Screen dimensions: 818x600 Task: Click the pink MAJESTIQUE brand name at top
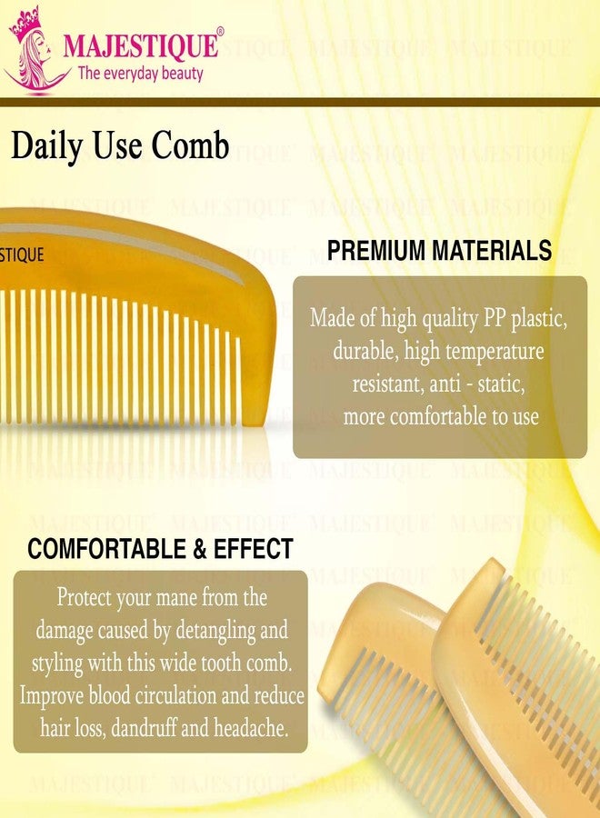pos(140,45)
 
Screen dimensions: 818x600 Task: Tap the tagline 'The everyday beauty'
pos(141,74)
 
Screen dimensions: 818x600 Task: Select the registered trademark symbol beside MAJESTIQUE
pos(220,32)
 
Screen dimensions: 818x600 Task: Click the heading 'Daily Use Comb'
pos(120,145)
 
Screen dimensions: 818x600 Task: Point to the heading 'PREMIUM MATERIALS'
pos(439,251)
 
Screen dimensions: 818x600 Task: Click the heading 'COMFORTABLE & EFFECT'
pos(160,549)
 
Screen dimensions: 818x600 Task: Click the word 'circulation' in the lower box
pos(181,695)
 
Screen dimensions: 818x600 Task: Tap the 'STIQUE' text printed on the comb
pos(22,255)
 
